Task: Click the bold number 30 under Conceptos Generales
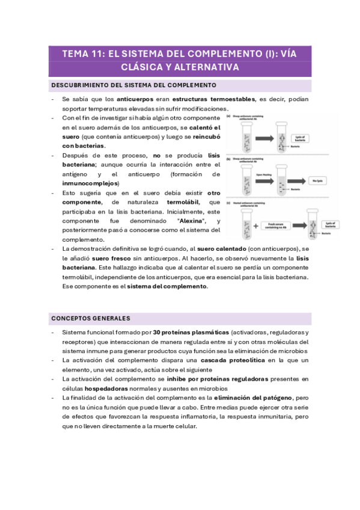point(156,332)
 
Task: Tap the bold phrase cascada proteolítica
point(231,360)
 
